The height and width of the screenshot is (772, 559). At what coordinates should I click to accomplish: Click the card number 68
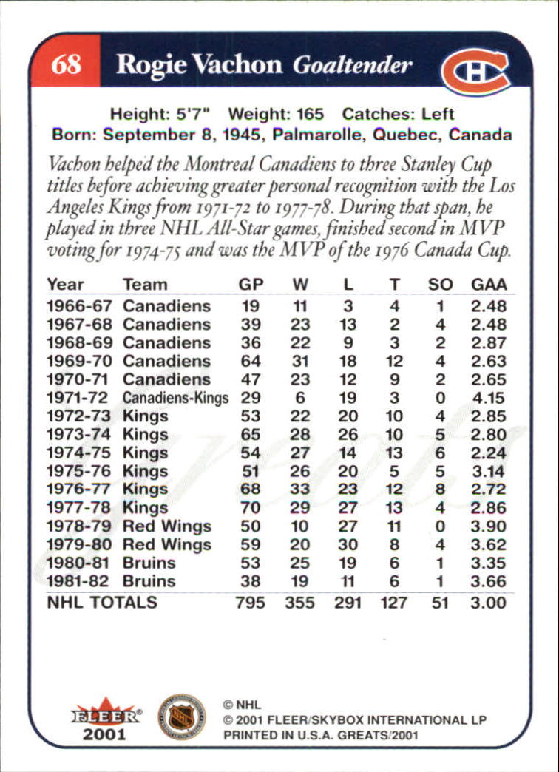(66, 64)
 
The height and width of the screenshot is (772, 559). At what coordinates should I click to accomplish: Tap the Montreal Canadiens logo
(475, 71)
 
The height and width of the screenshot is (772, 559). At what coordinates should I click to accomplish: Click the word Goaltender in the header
(352, 65)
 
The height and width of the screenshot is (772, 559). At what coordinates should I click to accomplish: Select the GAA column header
(489, 285)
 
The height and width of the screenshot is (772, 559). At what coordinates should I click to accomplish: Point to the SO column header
(440, 285)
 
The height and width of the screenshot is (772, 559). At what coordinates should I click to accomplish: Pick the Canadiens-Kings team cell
(176, 398)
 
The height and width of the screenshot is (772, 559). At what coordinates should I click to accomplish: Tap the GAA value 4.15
(489, 398)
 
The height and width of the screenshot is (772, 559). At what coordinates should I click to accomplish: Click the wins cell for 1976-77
(299, 490)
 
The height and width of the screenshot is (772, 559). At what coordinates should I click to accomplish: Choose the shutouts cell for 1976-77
(440, 490)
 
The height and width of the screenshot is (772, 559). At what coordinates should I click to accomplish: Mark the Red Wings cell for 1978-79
(167, 526)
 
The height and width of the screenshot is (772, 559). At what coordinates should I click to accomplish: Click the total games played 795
(250, 603)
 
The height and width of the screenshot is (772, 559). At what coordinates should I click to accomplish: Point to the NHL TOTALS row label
(102, 603)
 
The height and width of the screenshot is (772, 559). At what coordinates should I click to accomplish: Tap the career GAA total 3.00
(489, 603)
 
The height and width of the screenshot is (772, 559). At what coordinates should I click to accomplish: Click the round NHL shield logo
(181, 716)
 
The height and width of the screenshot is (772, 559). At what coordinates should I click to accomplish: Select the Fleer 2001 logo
(105, 719)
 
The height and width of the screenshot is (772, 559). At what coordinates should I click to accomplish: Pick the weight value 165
(311, 115)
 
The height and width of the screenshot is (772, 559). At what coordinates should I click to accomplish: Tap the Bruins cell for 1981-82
(149, 581)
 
